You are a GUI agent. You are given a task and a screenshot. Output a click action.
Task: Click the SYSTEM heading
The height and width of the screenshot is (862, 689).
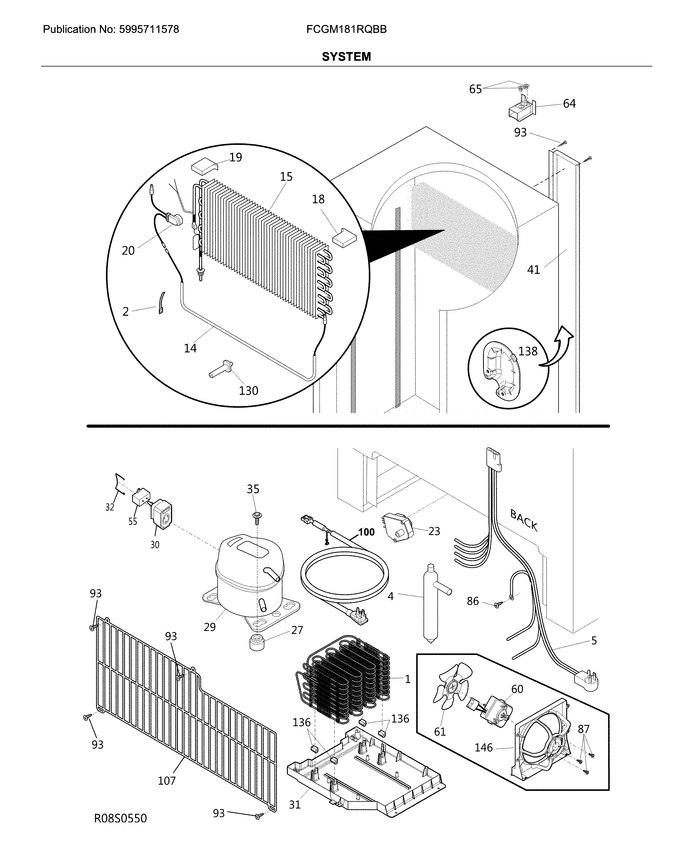point(346,57)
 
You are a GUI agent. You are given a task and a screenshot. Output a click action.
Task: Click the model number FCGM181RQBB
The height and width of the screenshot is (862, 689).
point(346,29)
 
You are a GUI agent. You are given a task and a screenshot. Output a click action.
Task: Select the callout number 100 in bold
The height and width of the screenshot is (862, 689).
point(366,532)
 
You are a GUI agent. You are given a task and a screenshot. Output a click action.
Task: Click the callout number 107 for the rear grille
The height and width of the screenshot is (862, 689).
point(167,780)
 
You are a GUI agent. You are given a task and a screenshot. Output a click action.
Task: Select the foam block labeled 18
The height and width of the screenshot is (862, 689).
point(344,237)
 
